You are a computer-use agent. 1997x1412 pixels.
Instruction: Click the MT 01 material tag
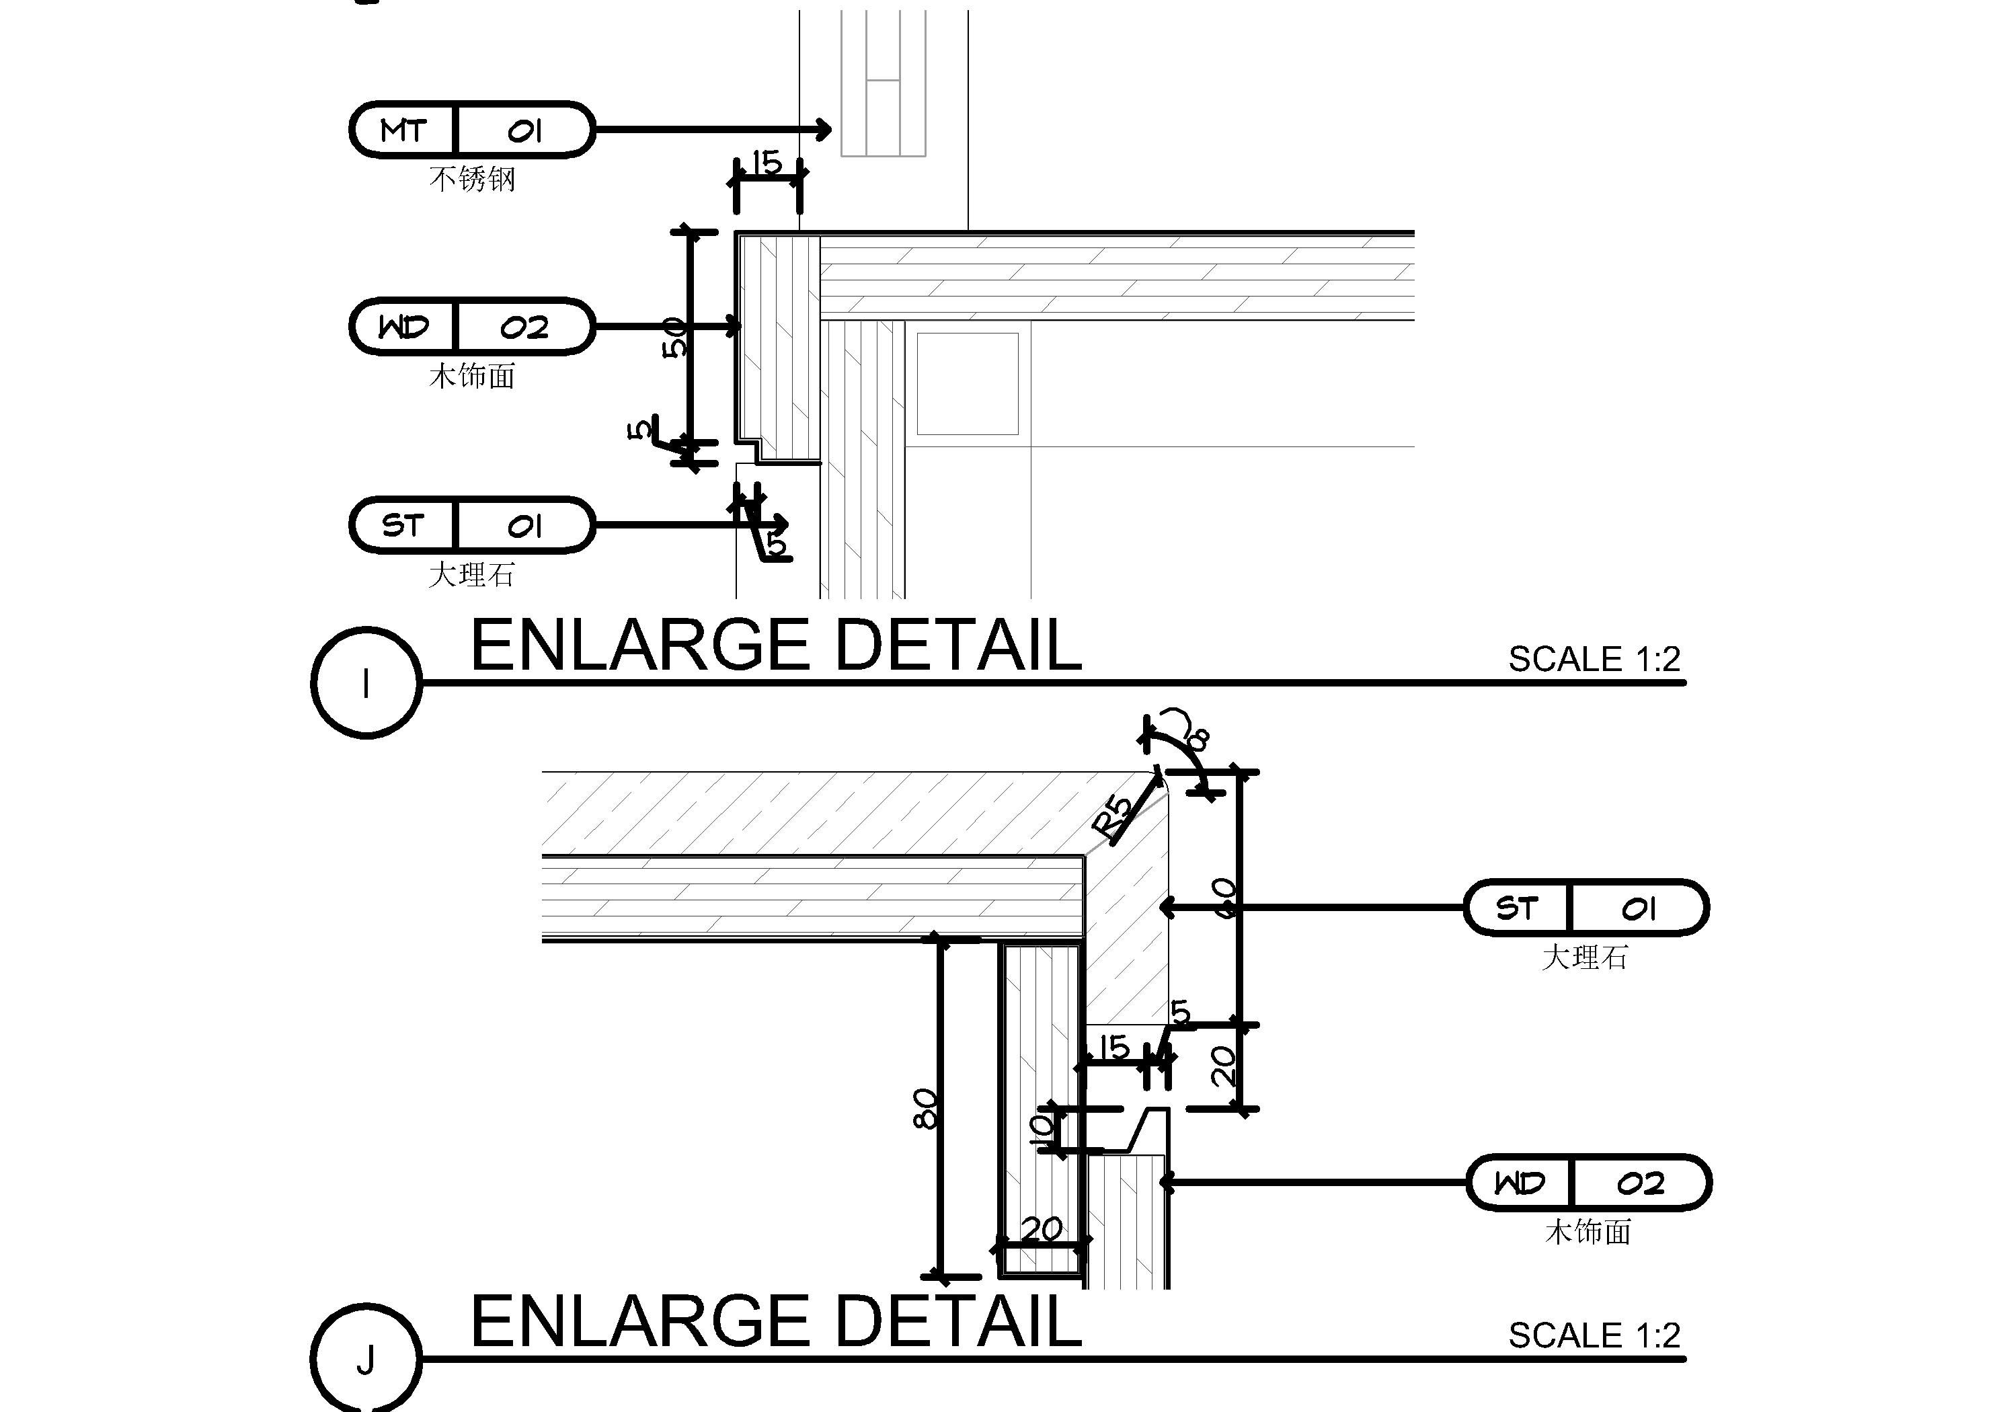click(472, 130)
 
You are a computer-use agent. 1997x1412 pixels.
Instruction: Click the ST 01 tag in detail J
click(1586, 908)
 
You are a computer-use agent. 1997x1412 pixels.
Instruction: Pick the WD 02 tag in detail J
click(1589, 1182)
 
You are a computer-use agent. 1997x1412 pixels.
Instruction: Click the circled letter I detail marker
click(366, 683)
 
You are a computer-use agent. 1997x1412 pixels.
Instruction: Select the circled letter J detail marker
click(366, 1359)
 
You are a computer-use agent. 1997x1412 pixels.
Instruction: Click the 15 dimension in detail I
click(767, 163)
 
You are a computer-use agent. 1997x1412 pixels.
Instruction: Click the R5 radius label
click(1114, 818)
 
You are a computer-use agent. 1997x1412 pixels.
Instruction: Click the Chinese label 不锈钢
click(472, 180)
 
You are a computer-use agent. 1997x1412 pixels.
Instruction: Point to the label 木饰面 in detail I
click(472, 377)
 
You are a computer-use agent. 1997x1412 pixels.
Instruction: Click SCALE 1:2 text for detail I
click(1594, 660)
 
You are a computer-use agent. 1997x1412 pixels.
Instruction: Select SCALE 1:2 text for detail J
click(1594, 1335)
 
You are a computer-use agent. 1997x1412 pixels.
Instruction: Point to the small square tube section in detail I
click(967, 384)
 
